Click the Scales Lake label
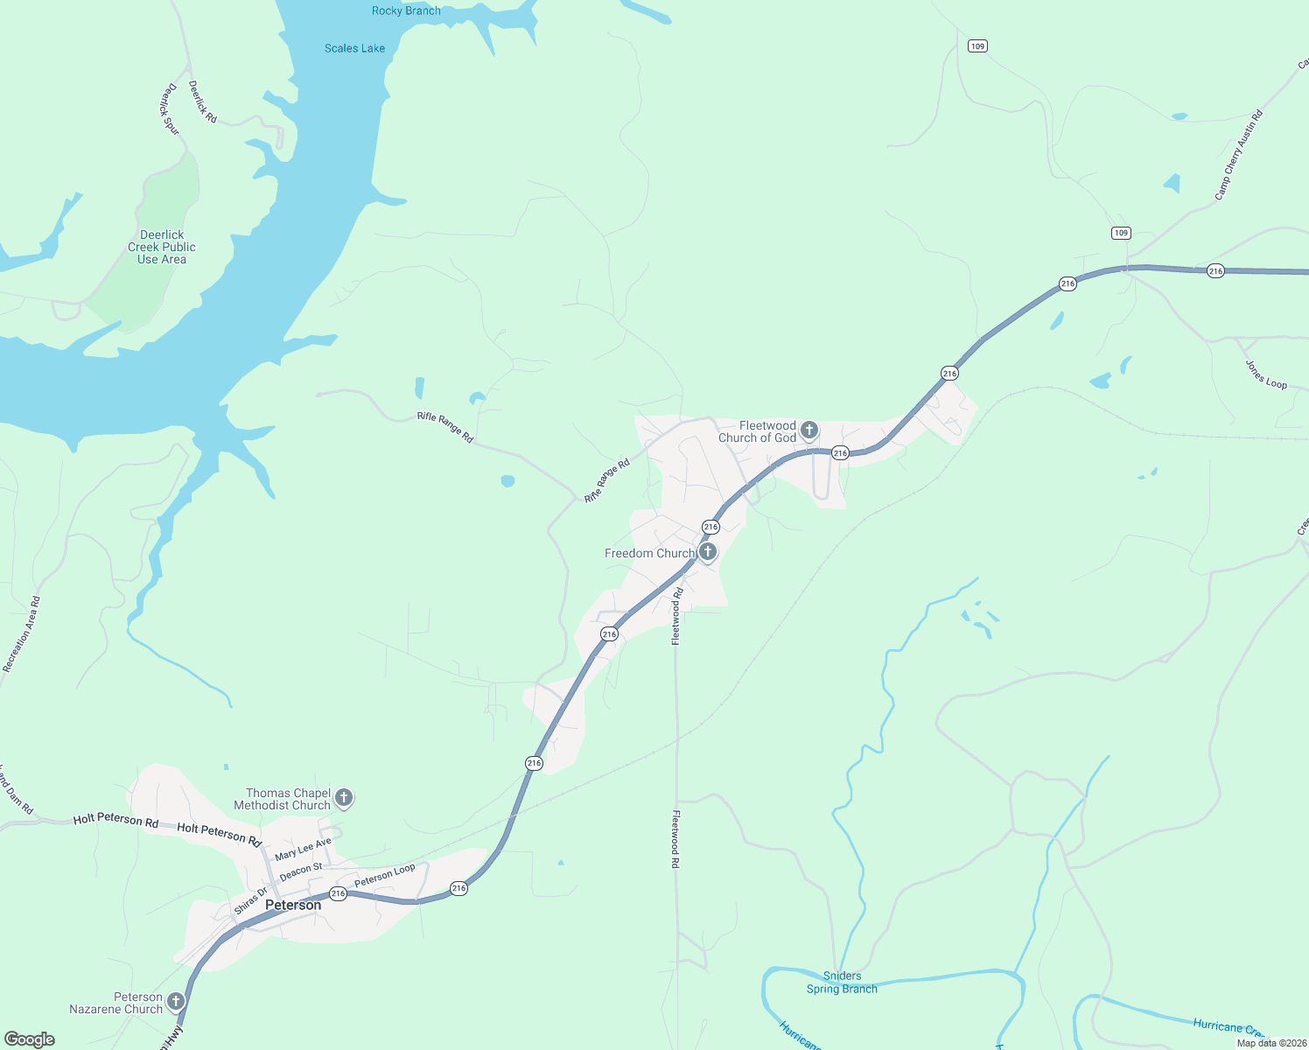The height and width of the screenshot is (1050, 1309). (354, 48)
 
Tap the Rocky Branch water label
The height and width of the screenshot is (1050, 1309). (406, 10)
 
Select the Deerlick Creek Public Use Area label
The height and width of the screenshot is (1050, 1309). (162, 247)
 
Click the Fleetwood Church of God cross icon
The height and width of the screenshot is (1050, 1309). (809, 430)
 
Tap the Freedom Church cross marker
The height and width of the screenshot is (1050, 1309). (708, 552)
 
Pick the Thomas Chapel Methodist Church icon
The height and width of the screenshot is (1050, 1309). (344, 797)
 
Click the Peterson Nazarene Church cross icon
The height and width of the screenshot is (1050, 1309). (176, 1001)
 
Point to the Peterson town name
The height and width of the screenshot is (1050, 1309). (293, 905)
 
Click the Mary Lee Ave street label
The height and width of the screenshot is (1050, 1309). (303, 849)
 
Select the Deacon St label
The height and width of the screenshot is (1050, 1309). (301, 871)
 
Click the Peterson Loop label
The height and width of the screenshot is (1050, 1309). (385, 875)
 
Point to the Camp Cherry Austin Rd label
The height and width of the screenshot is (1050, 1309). (1239, 155)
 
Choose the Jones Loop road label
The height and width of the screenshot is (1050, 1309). (1266, 375)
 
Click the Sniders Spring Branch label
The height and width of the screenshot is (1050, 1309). (842, 982)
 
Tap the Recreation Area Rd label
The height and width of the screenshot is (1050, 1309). (22, 634)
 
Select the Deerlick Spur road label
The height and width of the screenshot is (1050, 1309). (169, 109)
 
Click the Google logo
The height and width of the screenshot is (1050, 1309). (30, 1039)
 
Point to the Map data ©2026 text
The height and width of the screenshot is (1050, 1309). (1268, 1043)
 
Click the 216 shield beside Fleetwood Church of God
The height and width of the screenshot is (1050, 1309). (840, 452)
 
